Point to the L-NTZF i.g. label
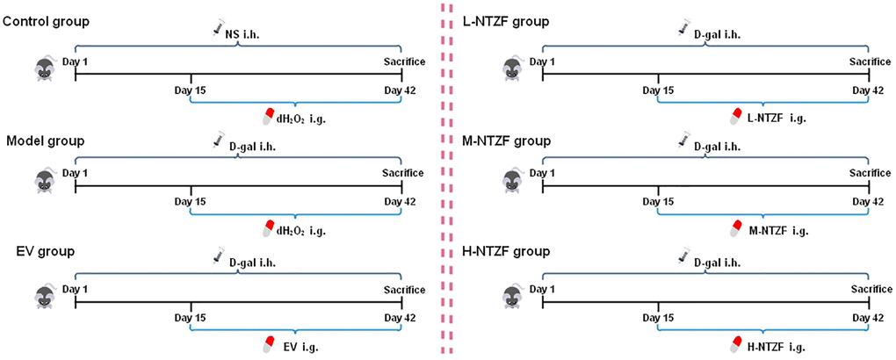point(777,116)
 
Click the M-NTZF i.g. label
point(777,231)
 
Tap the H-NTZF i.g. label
point(777,346)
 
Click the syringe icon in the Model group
point(218,140)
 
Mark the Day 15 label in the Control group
point(191,90)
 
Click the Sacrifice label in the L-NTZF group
point(870,60)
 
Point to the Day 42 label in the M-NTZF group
point(870,204)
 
